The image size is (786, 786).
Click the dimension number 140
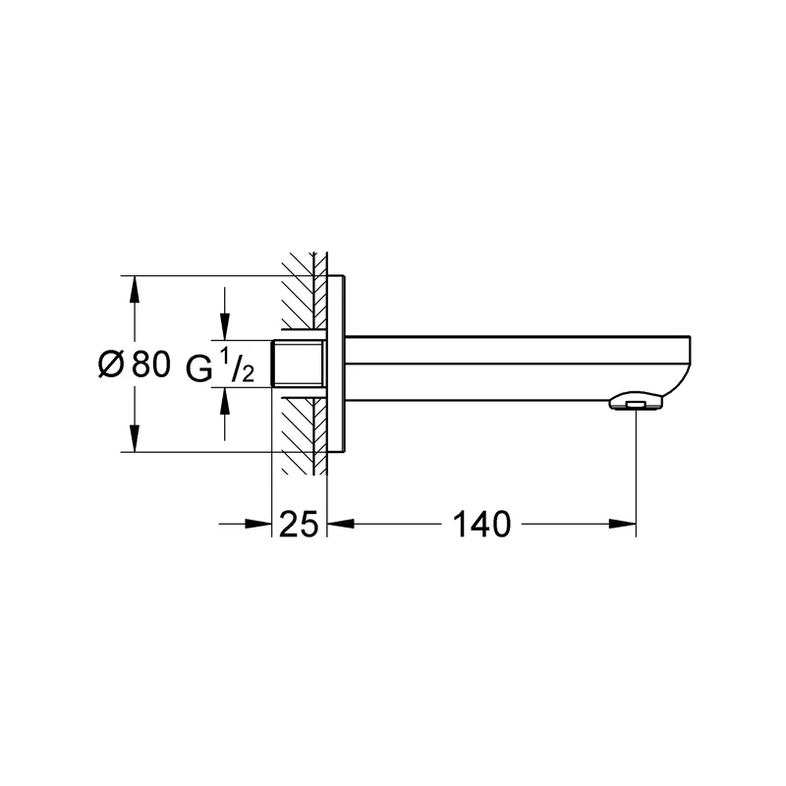pos(481,524)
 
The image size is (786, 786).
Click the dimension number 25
pos(299,524)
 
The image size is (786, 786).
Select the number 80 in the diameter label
pos(151,364)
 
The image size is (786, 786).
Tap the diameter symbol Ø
pos(111,364)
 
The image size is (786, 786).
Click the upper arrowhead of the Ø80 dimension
pos(134,289)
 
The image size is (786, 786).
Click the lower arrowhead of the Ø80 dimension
pos(134,438)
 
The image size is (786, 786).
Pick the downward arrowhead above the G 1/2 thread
pos(225,326)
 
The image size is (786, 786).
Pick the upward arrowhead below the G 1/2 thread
pos(225,400)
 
